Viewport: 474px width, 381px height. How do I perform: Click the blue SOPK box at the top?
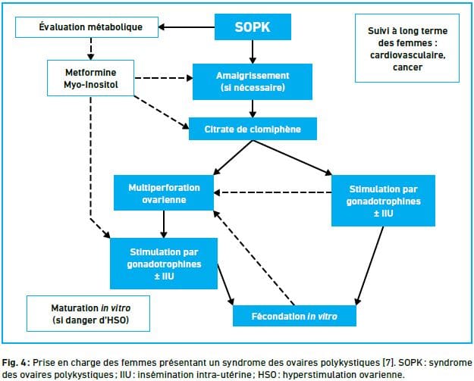253,27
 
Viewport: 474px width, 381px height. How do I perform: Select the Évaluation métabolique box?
86,27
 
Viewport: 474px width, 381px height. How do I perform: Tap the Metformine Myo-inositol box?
91,78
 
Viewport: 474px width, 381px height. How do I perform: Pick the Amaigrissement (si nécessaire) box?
253,82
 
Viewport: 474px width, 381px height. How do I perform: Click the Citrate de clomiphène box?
253,129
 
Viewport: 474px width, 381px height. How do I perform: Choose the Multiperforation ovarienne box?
164,193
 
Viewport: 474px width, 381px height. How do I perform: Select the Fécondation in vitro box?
294,316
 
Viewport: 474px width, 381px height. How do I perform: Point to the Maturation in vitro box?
88,314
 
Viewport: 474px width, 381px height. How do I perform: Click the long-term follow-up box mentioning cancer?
407,48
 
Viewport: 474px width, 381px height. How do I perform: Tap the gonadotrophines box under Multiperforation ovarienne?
164,264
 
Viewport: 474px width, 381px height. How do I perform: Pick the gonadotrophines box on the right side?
383,201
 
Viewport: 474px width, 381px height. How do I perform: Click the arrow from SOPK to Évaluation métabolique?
187,27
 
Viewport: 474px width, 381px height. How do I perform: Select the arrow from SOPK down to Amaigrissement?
253,52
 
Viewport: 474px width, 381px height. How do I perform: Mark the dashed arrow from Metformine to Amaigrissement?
164,78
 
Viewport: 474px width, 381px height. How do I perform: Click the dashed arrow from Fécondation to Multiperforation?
253,258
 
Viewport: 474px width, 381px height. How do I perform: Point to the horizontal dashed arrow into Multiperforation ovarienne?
273,192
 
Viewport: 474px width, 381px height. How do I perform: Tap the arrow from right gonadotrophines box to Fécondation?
369,266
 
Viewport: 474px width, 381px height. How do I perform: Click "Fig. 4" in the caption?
14,362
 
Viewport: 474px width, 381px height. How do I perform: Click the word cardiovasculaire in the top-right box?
407,55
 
